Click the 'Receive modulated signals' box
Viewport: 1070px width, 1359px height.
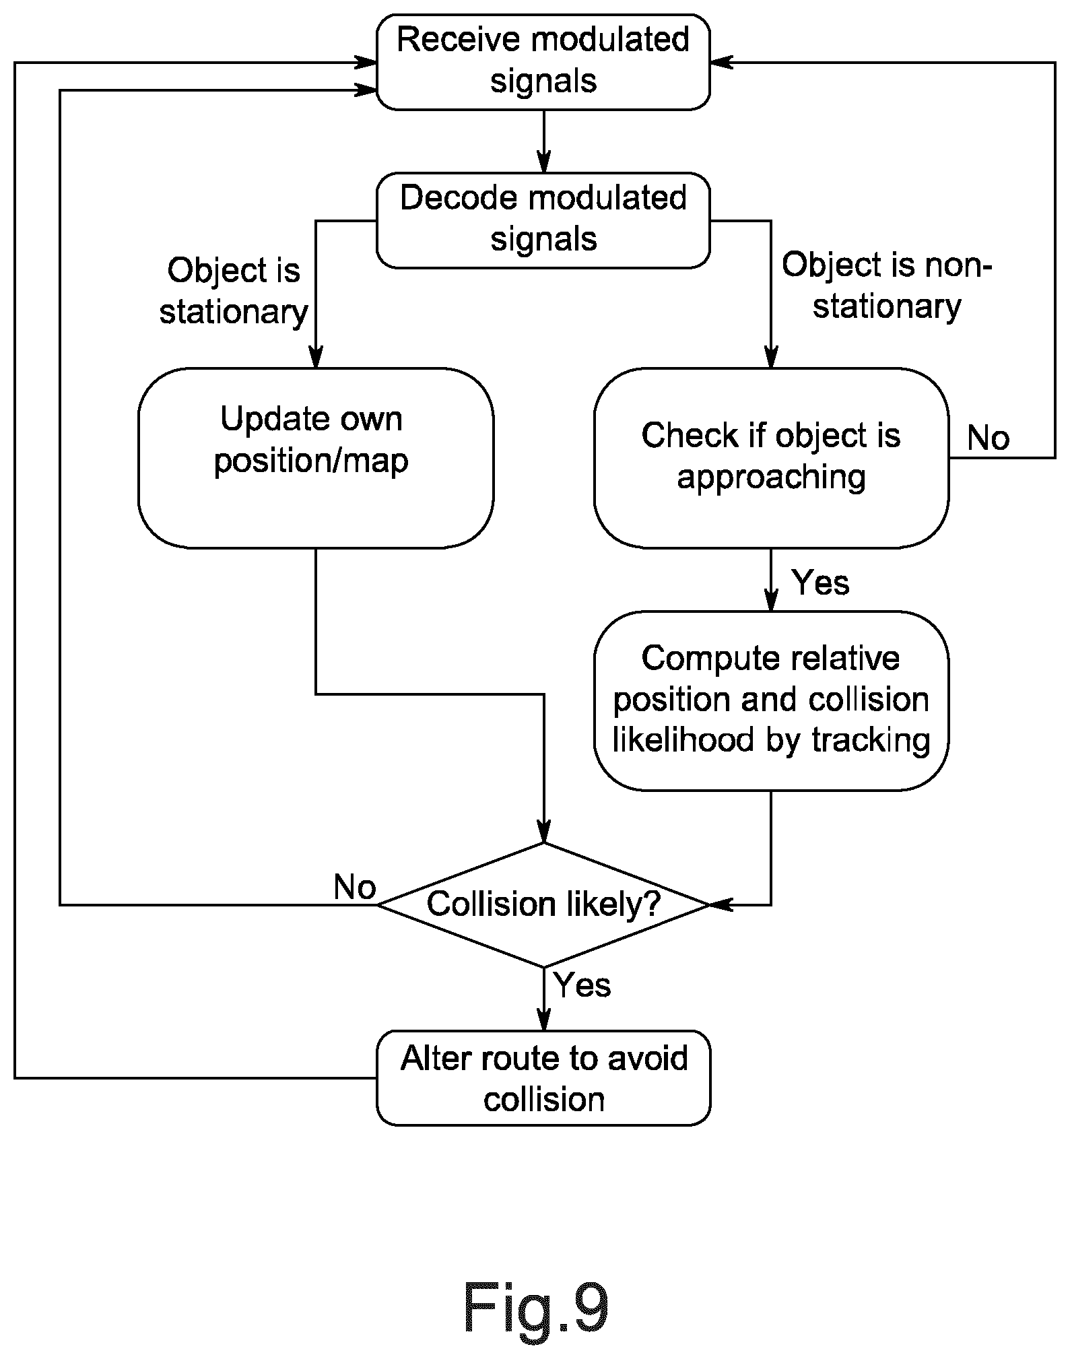(x=543, y=62)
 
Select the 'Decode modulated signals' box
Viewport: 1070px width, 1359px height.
(x=543, y=220)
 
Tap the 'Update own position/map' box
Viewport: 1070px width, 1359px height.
(x=316, y=458)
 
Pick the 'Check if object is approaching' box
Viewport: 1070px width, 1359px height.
(x=771, y=458)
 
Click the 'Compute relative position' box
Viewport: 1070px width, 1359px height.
(x=771, y=700)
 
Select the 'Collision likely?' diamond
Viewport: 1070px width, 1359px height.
(x=543, y=904)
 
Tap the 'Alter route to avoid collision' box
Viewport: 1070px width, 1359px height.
(x=543, y=1078)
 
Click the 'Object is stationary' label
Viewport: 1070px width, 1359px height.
(x=234, y=291)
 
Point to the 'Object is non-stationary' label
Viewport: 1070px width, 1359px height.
(x=887, y=286)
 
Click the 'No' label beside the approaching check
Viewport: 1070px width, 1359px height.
(x=988, y=438)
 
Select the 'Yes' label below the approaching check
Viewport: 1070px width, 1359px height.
(x=820, y=582)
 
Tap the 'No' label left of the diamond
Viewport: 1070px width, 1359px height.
(x=355, y=887)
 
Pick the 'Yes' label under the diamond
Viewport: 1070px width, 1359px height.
(x=582, y=985)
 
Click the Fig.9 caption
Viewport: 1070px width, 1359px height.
(x=536, y=1308)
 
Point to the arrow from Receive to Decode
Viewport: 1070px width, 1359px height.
(x=543, y=141)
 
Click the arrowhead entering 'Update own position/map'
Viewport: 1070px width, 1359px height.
(x=316, y=357)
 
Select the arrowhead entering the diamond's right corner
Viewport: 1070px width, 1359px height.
(x=721, y=904)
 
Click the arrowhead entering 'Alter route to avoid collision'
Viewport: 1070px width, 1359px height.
(x=543, y=1020)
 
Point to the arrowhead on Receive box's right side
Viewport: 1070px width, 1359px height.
(x=722, y=63)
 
